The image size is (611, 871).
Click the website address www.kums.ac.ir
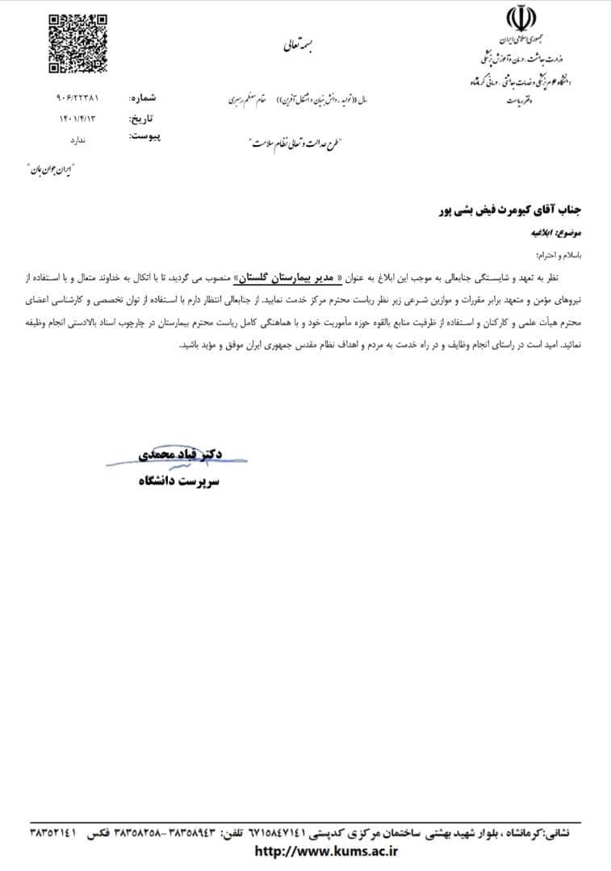(326, 850)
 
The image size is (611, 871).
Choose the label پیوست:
(144, 136)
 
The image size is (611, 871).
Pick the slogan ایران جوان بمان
(51, 171)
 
